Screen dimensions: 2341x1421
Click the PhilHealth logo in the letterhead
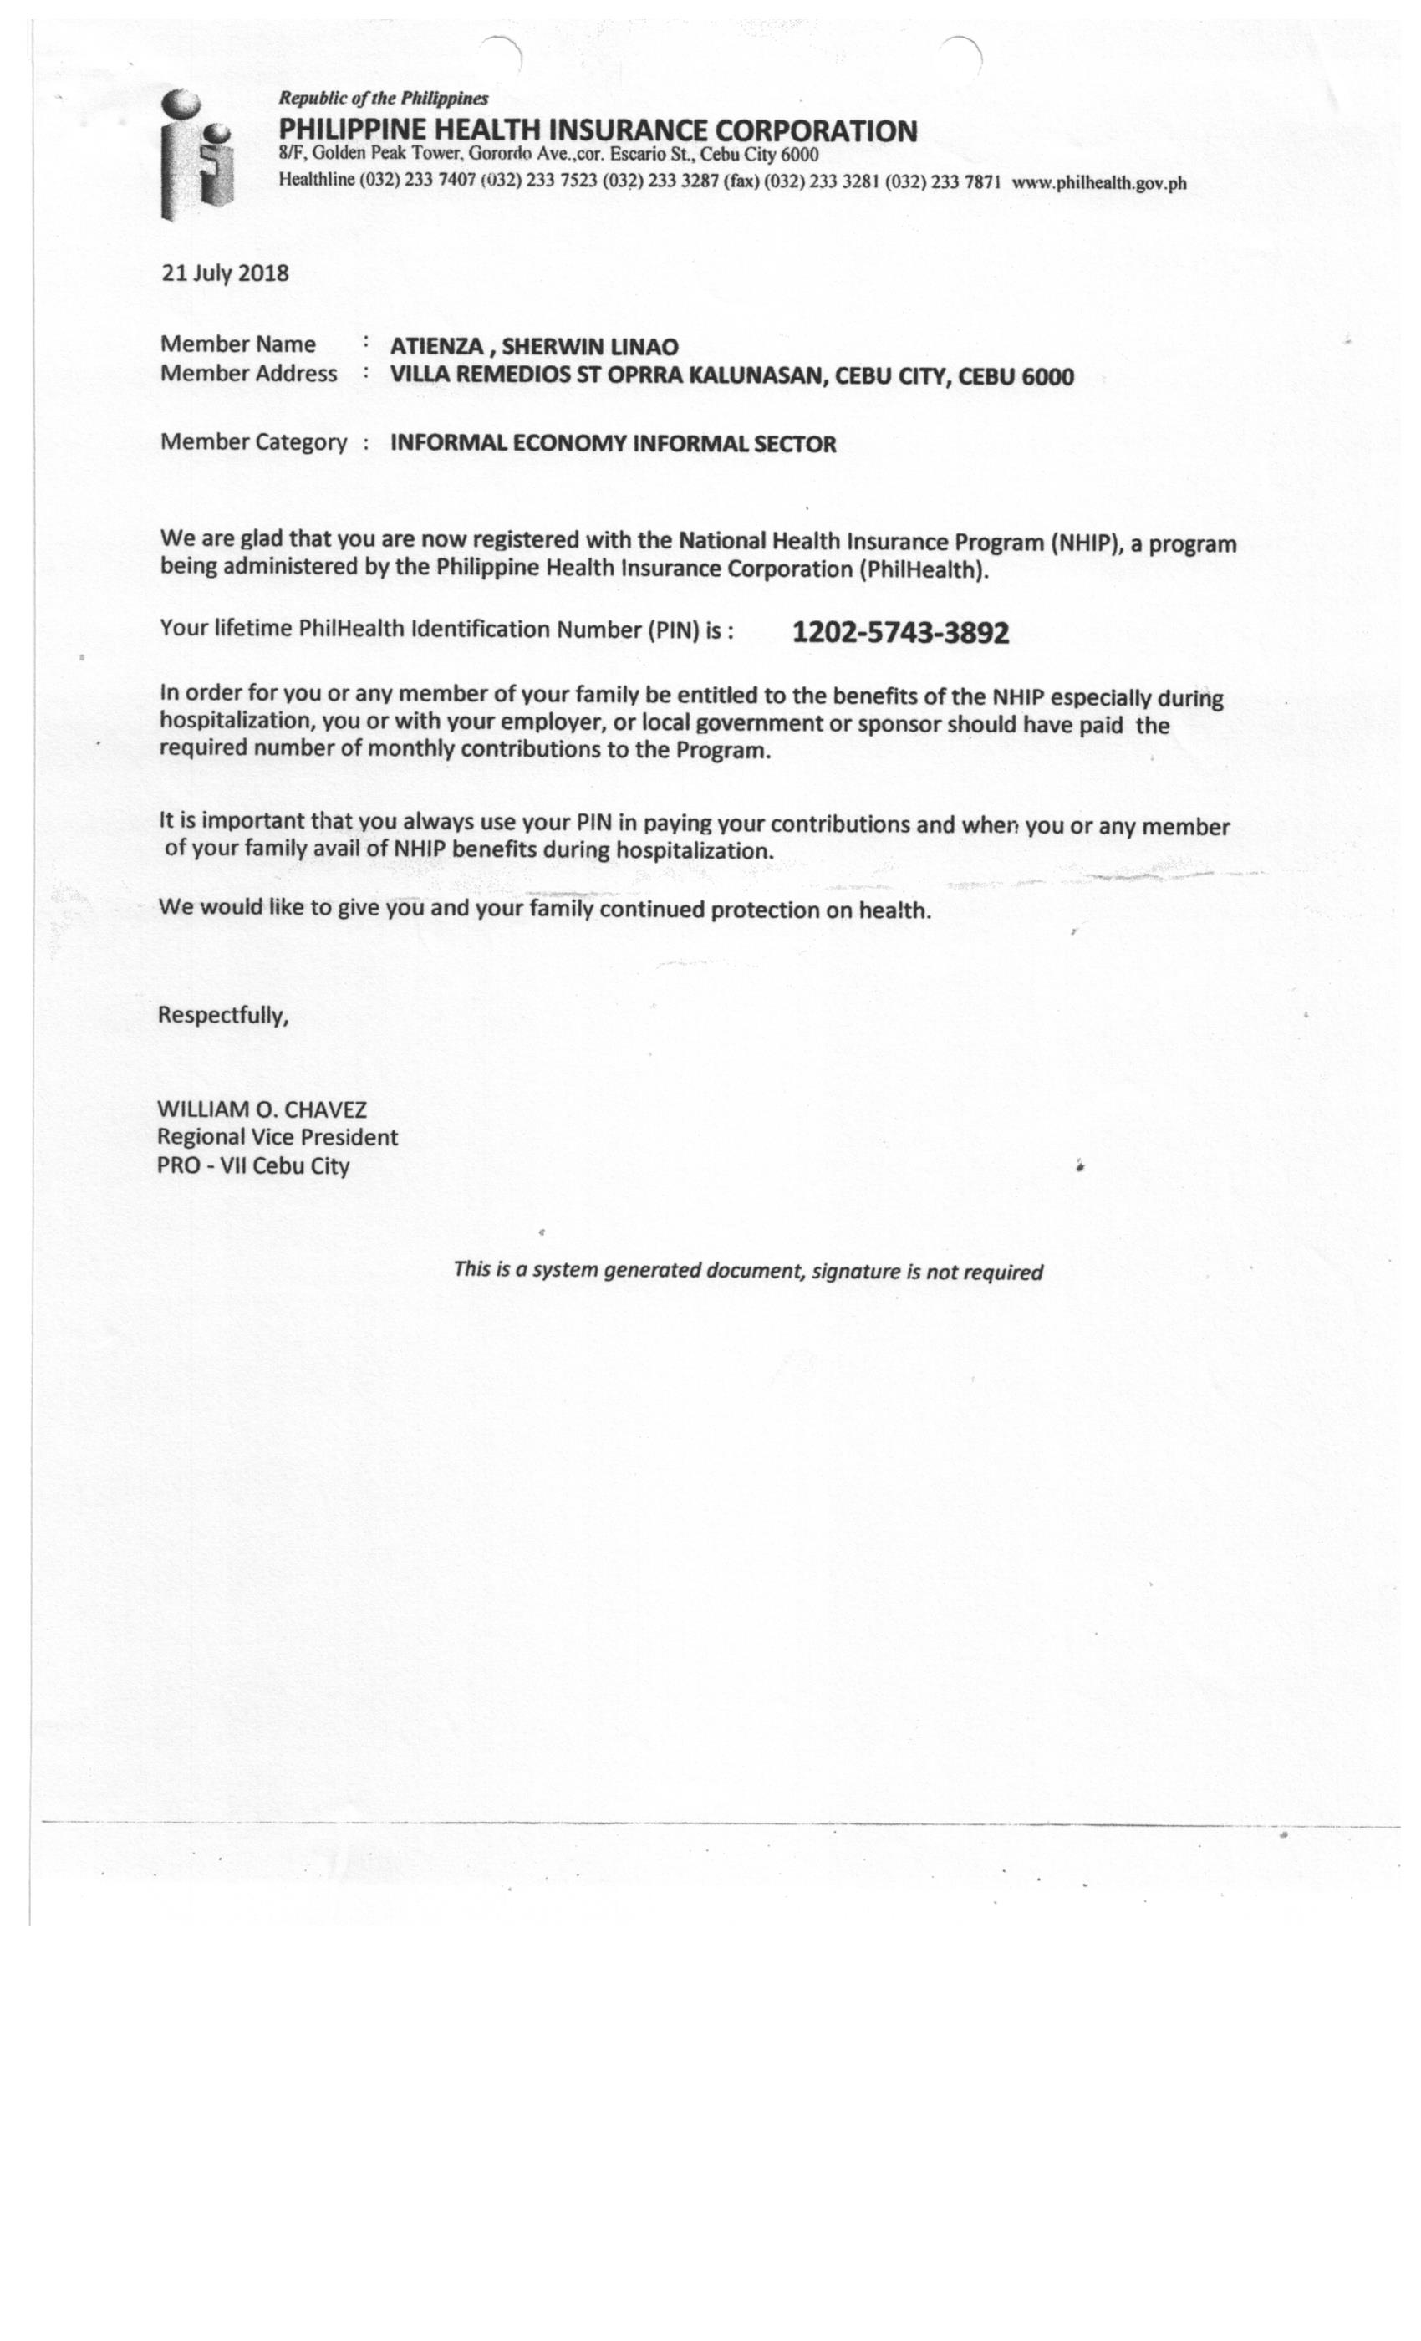(196, 154)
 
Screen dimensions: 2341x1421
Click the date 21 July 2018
(225, 273)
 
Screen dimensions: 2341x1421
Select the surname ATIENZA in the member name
(436, 348)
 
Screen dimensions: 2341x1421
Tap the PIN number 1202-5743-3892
(899, 633)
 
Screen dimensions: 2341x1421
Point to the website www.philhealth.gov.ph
(1099, 183)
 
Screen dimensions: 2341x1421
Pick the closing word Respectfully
(222, 1016)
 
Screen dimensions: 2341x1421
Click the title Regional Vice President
(278, 1137)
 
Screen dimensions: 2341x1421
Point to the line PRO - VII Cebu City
(252, 1165)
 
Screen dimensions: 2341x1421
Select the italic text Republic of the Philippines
(383, 98)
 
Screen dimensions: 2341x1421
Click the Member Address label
(248, 375)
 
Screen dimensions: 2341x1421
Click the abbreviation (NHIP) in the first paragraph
(1086, 543)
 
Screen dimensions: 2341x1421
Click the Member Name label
(237, 344)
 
